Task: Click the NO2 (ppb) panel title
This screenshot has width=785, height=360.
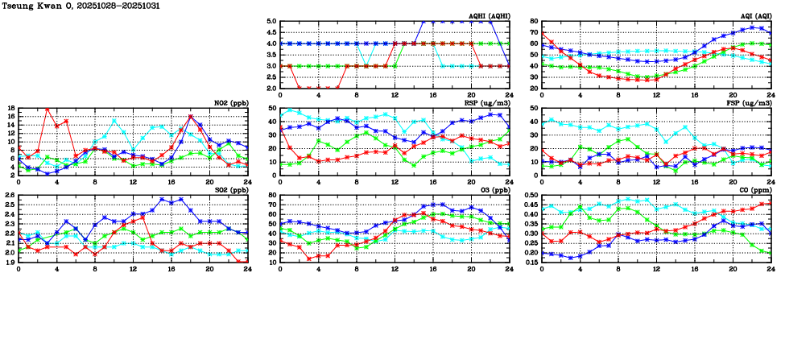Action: (x=230, y=102)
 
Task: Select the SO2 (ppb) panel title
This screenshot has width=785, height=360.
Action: (x=230, y=190)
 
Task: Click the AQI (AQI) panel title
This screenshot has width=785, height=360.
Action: (x=755, y=15)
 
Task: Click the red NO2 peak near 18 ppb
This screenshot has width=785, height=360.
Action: (x=48, y=109)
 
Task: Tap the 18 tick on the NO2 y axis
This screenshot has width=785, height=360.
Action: (x=10, y=108)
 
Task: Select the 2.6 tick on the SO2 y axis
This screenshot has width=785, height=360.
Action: (x=10, y=196)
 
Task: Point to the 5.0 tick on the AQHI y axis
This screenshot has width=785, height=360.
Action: (x=271, y=22)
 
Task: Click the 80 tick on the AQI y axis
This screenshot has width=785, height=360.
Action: (x=534, y=22)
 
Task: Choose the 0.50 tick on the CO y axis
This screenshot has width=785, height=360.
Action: (x=531, y=196)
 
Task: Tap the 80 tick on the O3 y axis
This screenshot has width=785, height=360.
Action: (x=272, y=196)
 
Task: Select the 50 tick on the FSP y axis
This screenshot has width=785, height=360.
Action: (x=534, y=108)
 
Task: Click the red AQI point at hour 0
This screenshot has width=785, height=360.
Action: (x=543, y=34)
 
